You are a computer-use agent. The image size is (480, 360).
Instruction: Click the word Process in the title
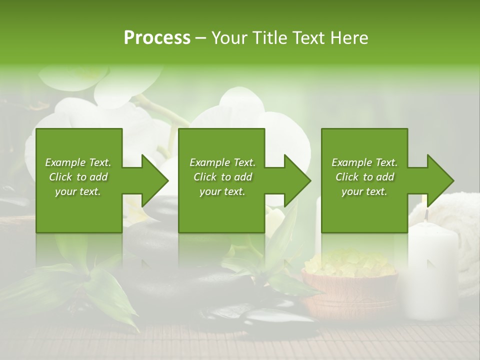pos(157,38)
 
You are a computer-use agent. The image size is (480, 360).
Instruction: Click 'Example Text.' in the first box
pos(78,162)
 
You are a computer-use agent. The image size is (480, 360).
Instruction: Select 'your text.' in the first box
pos(78,191)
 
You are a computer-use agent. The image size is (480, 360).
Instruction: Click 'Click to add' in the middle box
pos(222,177)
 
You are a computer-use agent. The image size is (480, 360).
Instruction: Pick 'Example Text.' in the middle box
pos(222,162)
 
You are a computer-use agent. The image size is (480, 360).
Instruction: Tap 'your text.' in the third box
pos(364,191)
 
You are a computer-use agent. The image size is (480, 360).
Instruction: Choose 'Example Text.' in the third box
pos(364,162)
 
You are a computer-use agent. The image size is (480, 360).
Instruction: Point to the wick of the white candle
pos(426,215)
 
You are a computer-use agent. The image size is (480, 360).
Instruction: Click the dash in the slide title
pos(200,38)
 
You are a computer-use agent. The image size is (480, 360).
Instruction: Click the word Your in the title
pos(227,38)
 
